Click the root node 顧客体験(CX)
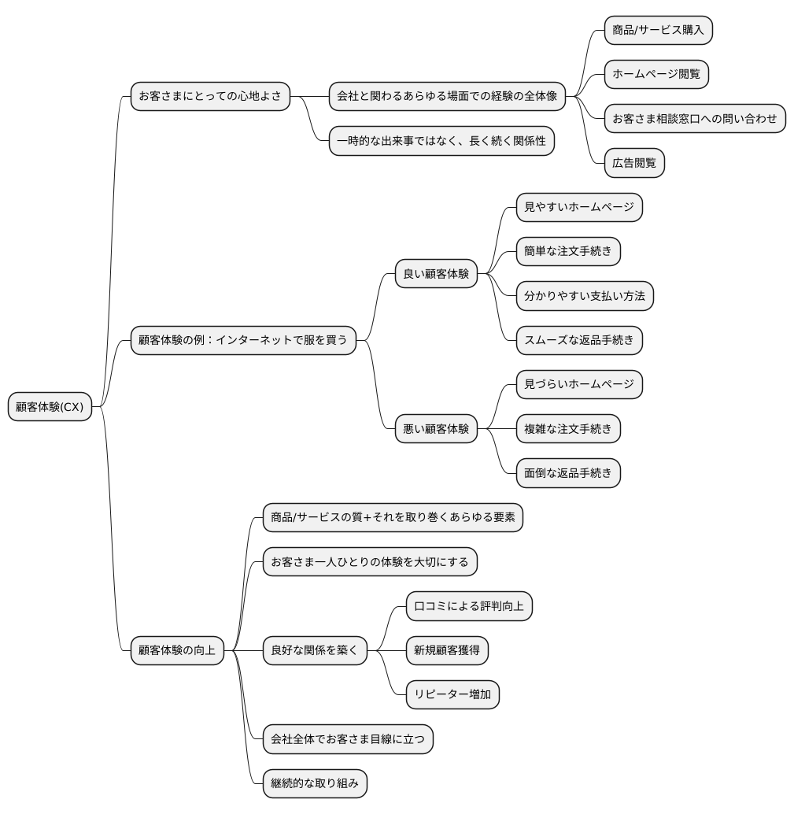click(50, 406)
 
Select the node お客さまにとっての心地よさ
click(210, 96)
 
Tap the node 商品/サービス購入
click(658, 30)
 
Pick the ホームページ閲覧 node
click(656, 74)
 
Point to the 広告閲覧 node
click(634, 163)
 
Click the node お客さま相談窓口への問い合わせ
click(695, 118)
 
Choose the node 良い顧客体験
click(436, 274)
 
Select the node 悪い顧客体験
click(436, 429)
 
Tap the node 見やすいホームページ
click(579, 207)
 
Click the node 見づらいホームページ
click(579, 385)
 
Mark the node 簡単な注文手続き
click(568, 251)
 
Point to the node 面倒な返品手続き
click(568, 473)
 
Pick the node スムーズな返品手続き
click(579, 340)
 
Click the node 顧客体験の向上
click(177, 650)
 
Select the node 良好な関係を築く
click(315, 650)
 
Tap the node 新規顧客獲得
click(447, 650)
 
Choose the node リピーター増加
click(452, 694)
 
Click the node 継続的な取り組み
click(315, 783)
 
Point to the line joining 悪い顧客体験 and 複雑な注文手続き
click(497, 429)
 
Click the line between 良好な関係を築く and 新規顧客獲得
click(386, 650)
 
